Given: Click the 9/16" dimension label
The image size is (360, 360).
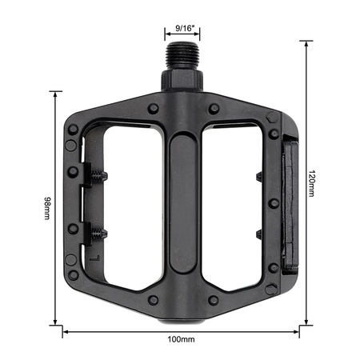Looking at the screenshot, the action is (183, 28).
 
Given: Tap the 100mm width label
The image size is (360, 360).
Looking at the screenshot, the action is (181, 339).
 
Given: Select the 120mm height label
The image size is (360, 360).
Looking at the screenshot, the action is (311, 183).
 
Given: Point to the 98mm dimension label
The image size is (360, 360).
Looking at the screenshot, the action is (47, 208).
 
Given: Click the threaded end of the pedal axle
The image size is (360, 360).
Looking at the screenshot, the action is (182, 55).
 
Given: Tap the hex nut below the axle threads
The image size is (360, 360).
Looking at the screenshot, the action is (182, 80).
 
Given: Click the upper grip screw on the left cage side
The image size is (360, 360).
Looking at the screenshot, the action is (99, 176).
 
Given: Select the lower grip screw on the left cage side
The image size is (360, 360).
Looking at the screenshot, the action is (99, 234).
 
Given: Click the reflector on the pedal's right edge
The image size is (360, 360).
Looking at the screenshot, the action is (290, 204).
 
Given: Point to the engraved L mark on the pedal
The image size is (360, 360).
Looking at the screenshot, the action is (94, 258).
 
